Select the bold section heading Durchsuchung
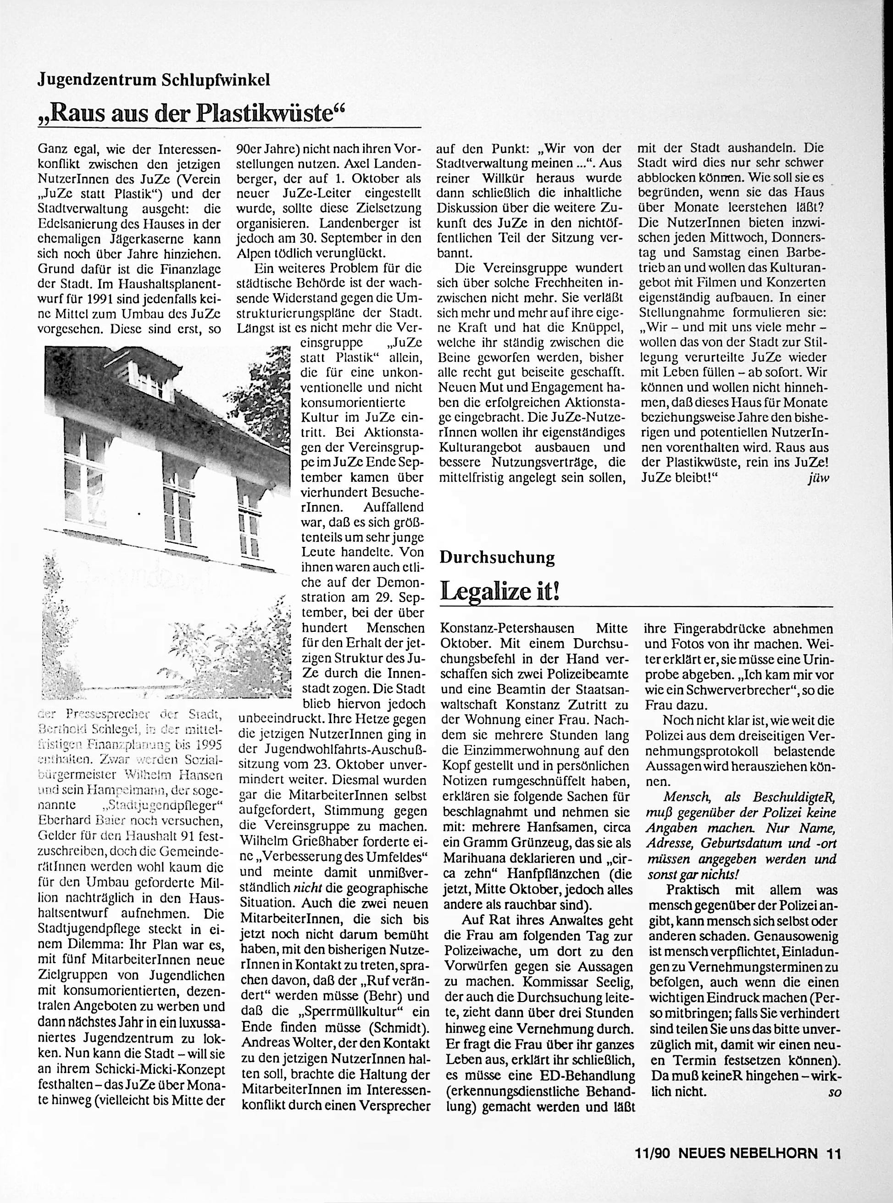[497, 557]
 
